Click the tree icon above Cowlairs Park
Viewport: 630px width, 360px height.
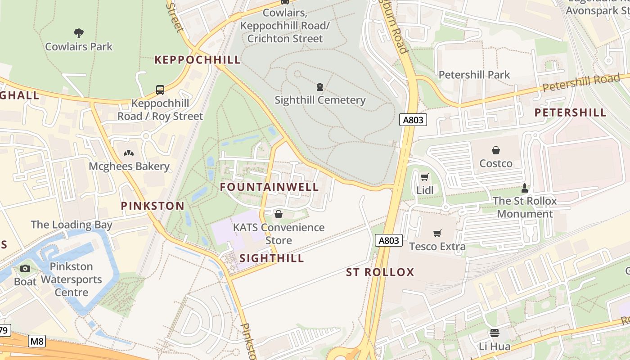tap(79, 33)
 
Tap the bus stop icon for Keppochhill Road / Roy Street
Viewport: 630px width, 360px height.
tap(160, 90)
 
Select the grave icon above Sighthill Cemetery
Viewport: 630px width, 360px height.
tap(319, 86)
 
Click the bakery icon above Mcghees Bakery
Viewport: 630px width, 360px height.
tap(129, 153)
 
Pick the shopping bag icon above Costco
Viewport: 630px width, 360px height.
tap(495, 150)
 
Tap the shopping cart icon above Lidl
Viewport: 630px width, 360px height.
tap(424, 177)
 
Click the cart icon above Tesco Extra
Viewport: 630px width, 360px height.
tap(437, 233)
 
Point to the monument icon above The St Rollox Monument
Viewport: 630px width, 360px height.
tap(524, 187)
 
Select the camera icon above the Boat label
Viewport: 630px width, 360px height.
tap(25, 269)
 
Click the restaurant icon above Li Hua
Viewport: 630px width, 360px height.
tap(494, 333)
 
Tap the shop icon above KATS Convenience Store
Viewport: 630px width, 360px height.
tap(279, 214)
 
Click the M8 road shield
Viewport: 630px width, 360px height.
tap(37, 342)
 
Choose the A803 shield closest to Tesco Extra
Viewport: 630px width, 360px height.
tap(388, 240)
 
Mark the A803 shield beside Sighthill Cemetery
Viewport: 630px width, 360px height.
tap(413, 120)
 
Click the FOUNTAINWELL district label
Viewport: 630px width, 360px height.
tap(269, 187)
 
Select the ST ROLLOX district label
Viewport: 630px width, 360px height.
tap(380, 272)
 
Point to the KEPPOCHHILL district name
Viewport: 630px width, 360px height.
tap(198, 60)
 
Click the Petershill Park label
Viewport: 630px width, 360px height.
tap(474, 75)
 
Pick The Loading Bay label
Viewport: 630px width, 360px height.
tap(72, 225)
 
